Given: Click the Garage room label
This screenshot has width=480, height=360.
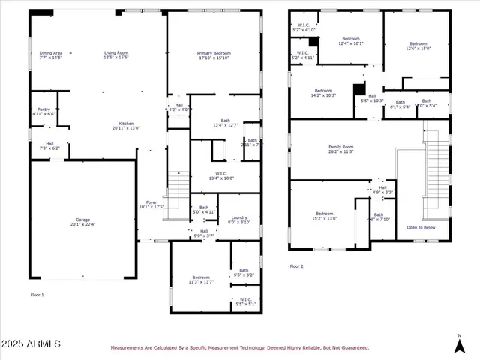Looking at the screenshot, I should (x=83, y=221).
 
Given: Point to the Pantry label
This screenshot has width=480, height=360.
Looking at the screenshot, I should (x=43, y=111).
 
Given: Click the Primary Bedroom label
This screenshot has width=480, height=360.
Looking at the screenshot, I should (x=214, y=55).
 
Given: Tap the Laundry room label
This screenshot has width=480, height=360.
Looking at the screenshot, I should (x=239, y=220).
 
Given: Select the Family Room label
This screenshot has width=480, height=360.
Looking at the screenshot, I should (x=340, y=149).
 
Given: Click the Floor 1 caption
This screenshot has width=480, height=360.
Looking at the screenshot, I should (x=37, y=295).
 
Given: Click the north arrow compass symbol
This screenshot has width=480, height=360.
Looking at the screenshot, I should (x=460, y=343).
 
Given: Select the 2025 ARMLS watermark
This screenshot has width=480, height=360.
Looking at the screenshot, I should (x=31, y=343).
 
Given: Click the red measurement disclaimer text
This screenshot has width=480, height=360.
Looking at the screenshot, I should (x=239, y=348).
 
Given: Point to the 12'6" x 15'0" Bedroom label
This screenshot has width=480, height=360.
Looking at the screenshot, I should (x=418, y=46).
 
